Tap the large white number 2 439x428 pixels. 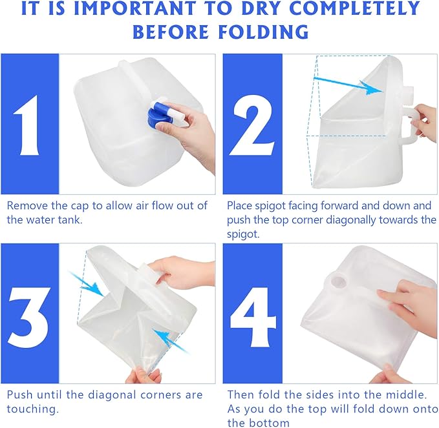pyautogui.click(x=252, y=125)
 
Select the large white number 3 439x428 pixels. pyautogui.click(x=29, y=318)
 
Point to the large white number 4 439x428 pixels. pyautogui.click(x=253, y=318)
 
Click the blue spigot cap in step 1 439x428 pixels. pyautogui.click(x=156, y=117)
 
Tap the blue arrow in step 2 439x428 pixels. pyautogui.click(x=348, y=85)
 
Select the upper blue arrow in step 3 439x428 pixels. pyautogui.click(x=86, y=284)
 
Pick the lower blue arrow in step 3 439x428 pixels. pyautogui.click(x=171, y=341)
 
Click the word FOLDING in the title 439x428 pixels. pyautogui.click(x=263, y=32)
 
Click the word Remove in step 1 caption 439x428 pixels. pyautogui.click(x=27, y=205)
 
